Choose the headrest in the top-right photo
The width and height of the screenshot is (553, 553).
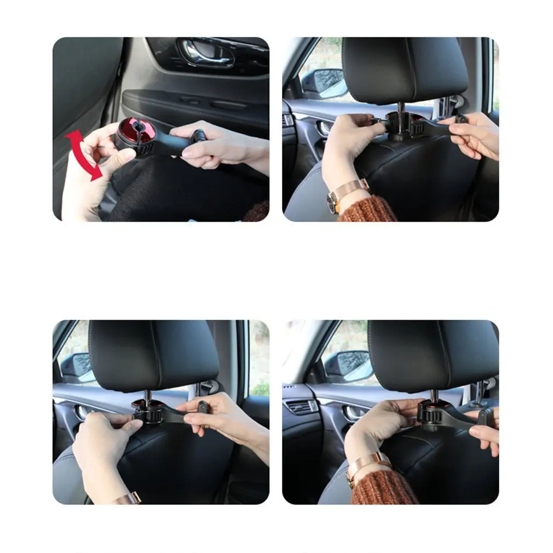tap(405, 68)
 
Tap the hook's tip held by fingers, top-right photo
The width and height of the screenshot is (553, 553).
tap(461, 119)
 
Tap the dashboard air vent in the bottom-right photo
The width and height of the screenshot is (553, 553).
tap(300, 407)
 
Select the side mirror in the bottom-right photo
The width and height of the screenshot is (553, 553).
tap(348, 366)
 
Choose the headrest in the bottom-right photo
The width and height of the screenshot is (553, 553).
tap(433, 355)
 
